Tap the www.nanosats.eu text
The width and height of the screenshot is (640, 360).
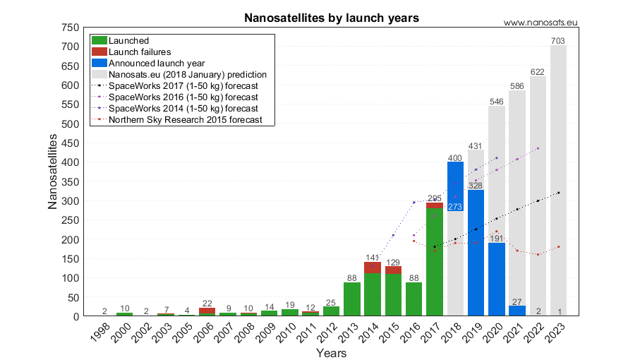[541, 23]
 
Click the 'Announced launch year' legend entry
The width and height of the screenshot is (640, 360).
[152, 63]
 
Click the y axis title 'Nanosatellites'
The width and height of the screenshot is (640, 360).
[52, 172]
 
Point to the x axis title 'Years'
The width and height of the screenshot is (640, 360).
[331, 352]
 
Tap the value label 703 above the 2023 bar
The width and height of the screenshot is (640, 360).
[558, 41]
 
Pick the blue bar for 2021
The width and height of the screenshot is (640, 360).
[517, 311]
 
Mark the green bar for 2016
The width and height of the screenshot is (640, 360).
[414, 299]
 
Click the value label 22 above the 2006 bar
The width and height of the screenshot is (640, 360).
[207, 303]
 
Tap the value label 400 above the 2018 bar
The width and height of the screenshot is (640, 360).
[455, 157]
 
